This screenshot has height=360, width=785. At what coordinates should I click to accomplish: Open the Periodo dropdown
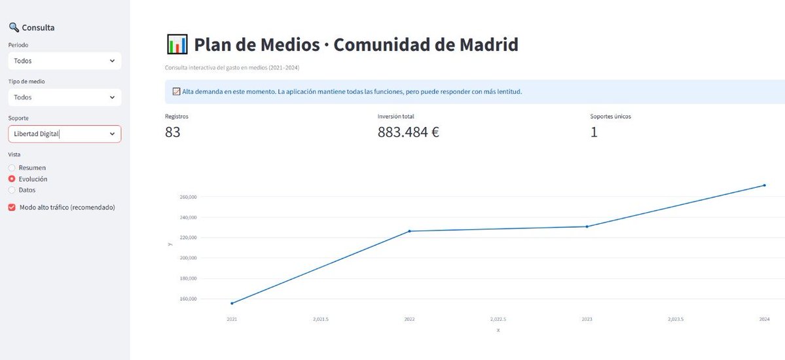(64, 61)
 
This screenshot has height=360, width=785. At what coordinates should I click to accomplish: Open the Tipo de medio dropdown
(64, 98)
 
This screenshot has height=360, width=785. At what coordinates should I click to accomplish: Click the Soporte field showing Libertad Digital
(64, 134)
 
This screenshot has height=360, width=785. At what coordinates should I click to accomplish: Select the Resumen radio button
(12, 168)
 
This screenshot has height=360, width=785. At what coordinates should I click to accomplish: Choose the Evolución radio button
(12, 179)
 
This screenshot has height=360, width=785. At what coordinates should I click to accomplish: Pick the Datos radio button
(12, 190)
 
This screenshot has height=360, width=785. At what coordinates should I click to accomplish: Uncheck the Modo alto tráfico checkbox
(12, 207)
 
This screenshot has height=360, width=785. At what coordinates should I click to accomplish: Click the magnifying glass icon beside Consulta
(14, 27)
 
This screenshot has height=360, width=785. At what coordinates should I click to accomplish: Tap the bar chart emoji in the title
(177, 45)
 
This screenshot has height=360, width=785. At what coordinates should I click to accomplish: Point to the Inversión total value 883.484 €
(408, 132)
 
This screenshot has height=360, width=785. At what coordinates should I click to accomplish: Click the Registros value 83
(173, 132)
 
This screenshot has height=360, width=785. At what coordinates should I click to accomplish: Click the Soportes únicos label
(610, 117)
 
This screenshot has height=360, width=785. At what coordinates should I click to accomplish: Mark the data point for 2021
(232, 303)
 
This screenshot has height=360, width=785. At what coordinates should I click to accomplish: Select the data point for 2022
(409, 231)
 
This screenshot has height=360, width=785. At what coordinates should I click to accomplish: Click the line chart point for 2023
(587, 226)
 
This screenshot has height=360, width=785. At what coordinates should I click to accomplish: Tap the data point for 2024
(764, 185)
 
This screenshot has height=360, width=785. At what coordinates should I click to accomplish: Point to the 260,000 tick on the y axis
(188, 197)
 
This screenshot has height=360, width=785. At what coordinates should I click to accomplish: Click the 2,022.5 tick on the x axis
(498, 319)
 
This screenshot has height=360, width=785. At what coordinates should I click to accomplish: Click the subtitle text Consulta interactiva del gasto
(232, 67)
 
